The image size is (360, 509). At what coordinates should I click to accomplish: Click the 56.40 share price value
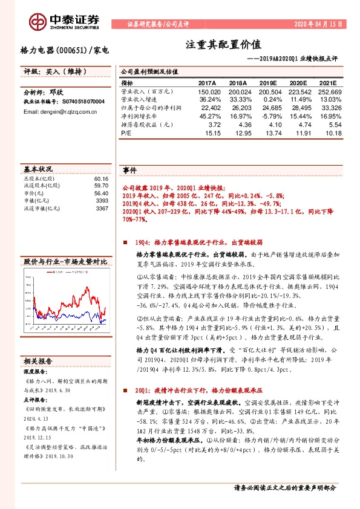point(100,193)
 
